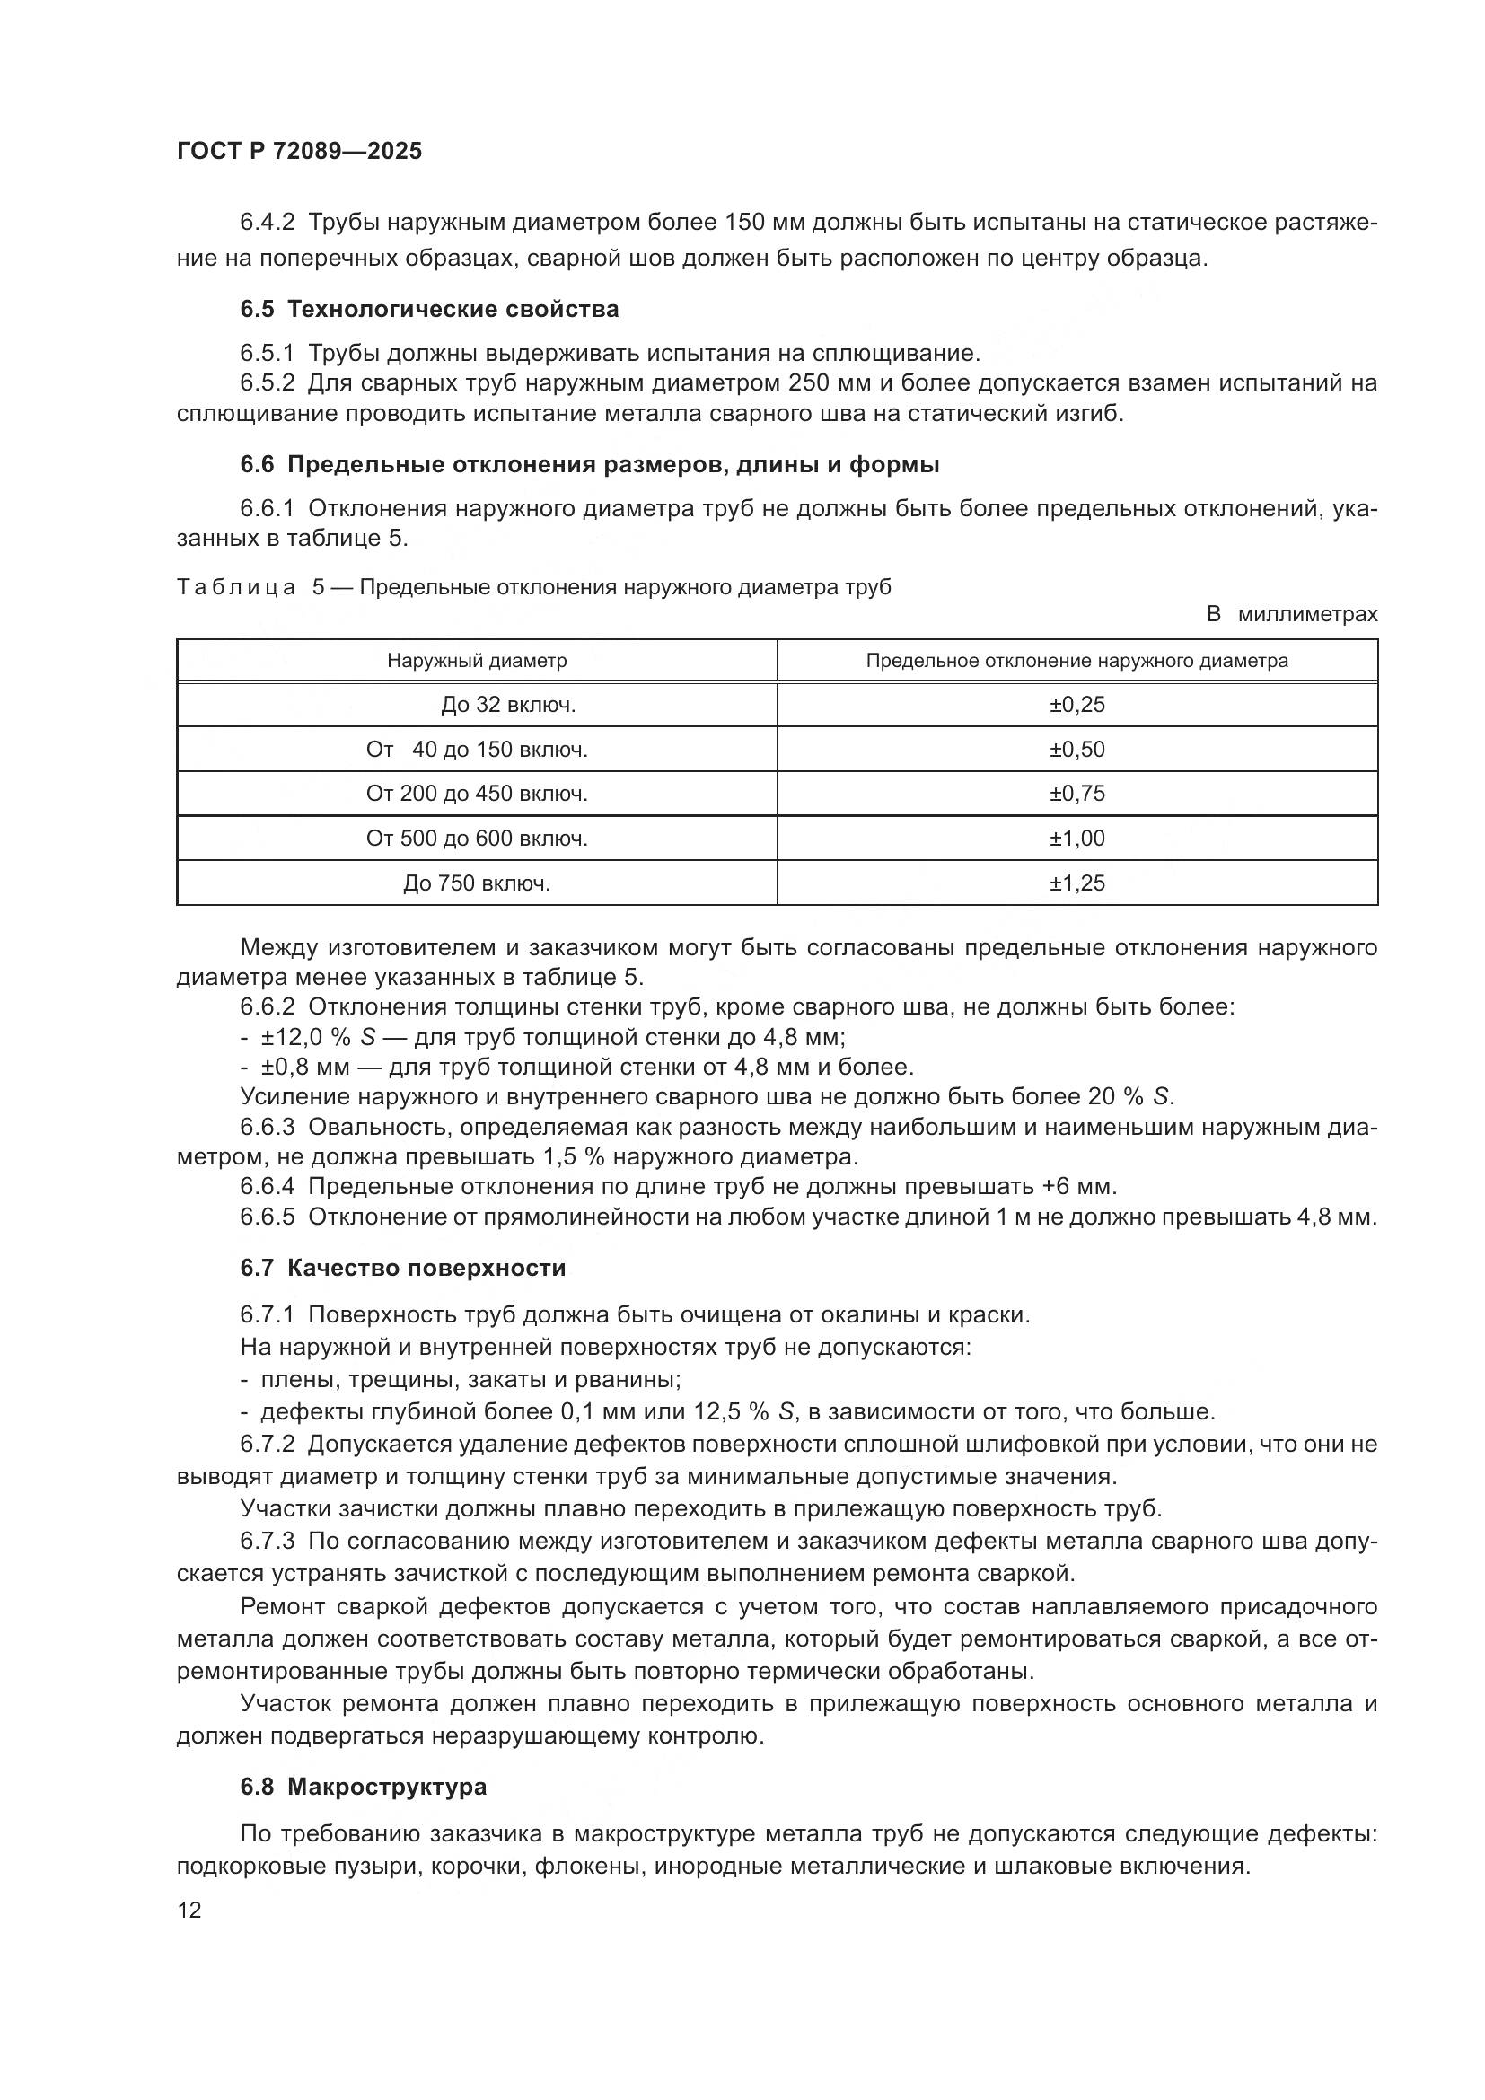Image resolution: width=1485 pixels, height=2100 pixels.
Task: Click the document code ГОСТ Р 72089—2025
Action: point(299,152)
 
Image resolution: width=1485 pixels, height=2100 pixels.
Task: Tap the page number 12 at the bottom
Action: point(189,1910)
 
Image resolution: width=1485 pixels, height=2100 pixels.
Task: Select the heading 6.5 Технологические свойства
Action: point(429,309)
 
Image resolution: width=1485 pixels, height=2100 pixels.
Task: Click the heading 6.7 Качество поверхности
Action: point(402,1268)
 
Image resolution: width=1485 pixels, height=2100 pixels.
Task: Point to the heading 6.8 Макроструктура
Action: point(363,1787)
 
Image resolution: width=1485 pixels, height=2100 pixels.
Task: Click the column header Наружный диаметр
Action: point(477,661)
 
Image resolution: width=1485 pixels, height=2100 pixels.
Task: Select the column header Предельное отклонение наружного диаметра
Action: point(1076,661)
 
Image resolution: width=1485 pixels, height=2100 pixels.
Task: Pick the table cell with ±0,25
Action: point(1076,704)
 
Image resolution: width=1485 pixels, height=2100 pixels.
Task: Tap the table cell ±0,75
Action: point(1076,793)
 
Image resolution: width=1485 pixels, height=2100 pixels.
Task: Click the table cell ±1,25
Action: point(1076,883)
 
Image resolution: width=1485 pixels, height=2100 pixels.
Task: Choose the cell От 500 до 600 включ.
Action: point(477,838)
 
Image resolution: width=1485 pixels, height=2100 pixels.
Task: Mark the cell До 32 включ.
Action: point(508,704)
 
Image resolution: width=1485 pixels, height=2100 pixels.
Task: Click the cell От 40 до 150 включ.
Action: point(477,749)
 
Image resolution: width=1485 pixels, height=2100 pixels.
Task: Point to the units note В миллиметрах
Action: point(1291,615)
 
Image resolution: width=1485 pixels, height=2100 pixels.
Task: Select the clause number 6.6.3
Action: point(267,1127)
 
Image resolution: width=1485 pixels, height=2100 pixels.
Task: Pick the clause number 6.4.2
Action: point(267,223)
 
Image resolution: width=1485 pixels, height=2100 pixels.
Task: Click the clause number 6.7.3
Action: point(267,1542)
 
